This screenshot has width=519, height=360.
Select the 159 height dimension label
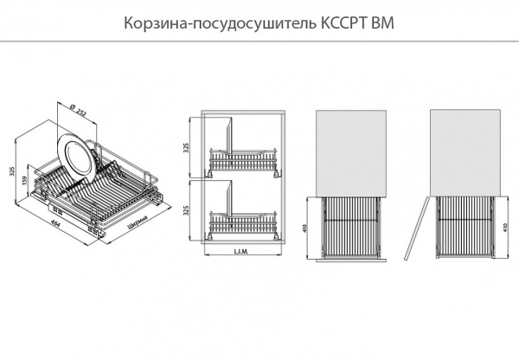[25, 183]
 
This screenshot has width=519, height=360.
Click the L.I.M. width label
[242, 253]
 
